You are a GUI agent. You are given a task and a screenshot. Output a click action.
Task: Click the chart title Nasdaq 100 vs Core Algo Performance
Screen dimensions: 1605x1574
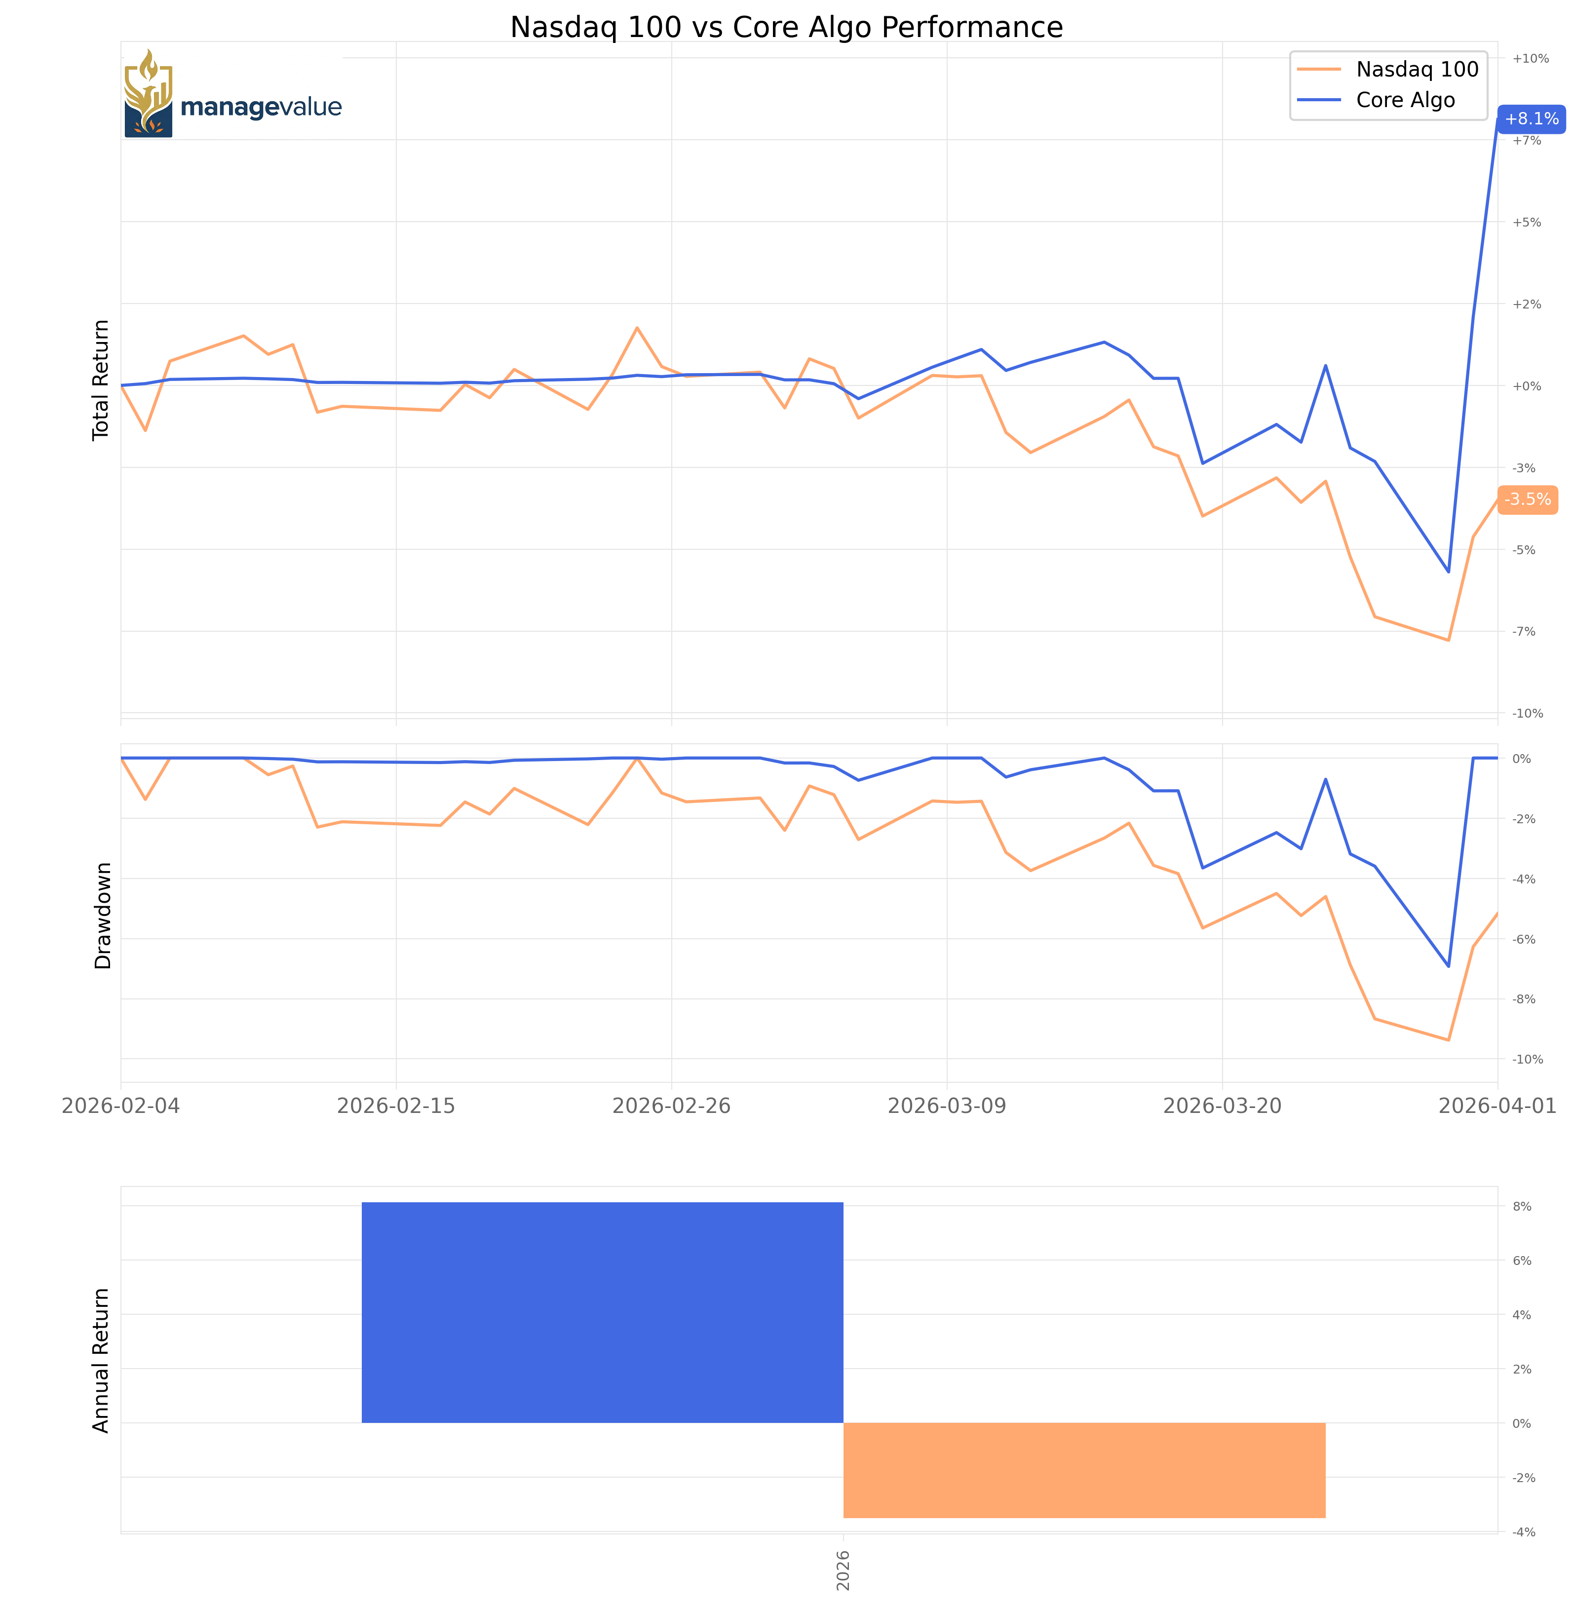[786, 27]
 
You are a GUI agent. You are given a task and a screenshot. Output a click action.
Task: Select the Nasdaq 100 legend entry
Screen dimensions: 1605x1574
[1417, 70]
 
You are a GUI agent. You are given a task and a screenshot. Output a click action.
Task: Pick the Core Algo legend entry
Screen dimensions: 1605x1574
[1405, 100]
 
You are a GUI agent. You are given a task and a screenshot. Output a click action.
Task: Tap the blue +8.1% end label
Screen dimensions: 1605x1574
[1531, 119]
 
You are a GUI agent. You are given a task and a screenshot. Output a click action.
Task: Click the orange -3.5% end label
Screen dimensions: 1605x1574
[1527, 499]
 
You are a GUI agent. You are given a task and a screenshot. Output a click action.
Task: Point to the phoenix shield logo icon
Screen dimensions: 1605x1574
[148, 93]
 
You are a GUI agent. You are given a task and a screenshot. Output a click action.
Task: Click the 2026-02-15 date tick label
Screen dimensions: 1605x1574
[396, 1106]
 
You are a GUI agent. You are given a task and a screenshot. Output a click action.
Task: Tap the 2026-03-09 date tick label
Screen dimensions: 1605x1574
[947, 1106]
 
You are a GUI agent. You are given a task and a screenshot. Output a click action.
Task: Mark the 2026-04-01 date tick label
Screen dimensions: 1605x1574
[1497, 1106]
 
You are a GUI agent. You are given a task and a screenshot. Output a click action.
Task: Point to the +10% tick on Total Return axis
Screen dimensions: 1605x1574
[1530, 59]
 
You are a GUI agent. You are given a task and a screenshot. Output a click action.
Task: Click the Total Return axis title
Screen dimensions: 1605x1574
[101, 380]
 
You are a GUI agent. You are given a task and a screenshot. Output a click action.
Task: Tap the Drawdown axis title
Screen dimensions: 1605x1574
[103, 915]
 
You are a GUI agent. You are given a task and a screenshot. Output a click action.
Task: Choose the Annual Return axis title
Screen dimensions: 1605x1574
[101, 1360]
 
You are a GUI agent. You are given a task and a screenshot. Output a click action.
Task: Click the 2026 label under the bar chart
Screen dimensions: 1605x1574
[843, 1569]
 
